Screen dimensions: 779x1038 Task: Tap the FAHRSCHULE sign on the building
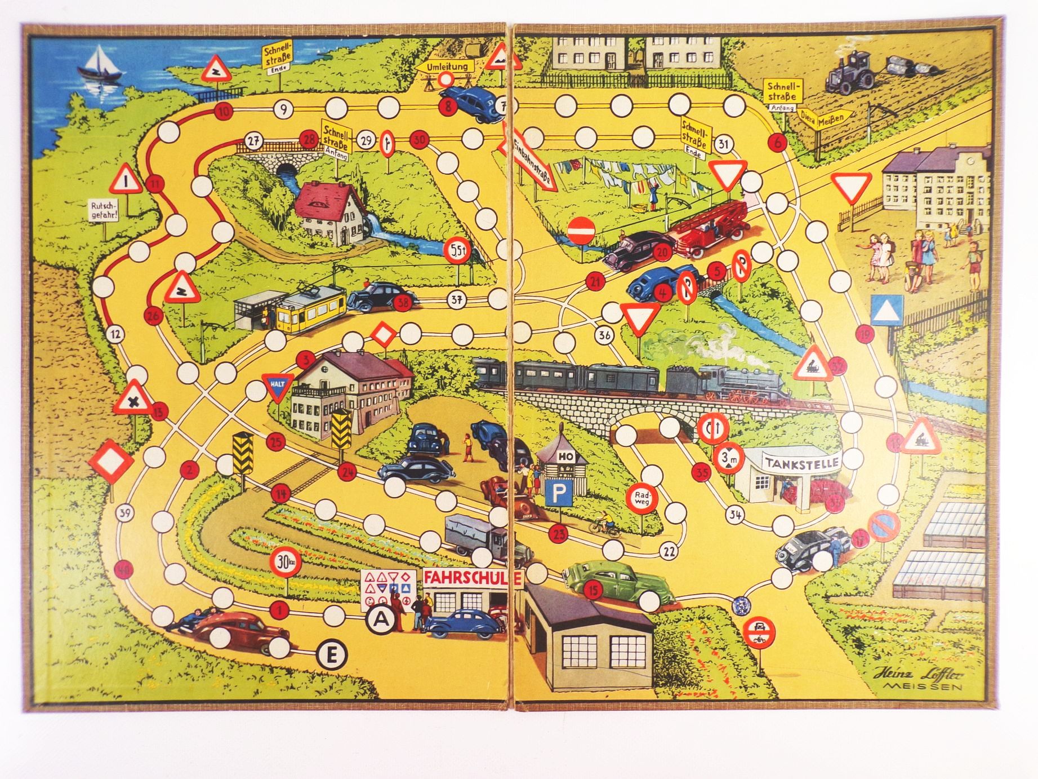point(473,577)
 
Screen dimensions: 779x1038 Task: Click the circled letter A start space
point(381,618)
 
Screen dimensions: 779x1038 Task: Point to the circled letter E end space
point(332,654)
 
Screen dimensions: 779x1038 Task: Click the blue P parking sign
point(557,495)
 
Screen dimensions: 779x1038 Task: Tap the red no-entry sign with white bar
point(581,231)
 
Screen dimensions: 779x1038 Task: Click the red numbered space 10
point(224,111)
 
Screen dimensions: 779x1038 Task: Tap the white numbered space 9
point(283,109)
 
